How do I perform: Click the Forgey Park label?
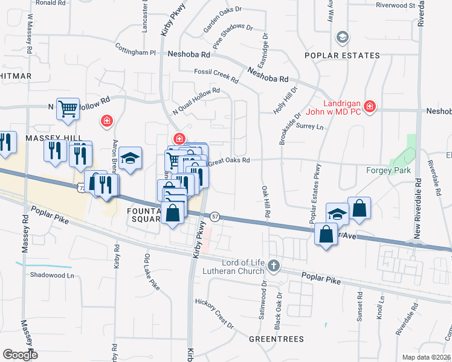click(x=389, y=170)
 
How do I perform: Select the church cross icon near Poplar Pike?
click(x=274, y=265)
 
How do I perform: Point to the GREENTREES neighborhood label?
click(x=276, y=339)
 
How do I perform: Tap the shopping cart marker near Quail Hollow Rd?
click(x=68, y=109)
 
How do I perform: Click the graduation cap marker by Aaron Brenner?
click(x=130, y=159)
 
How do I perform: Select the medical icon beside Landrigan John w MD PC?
click(x=370, y=107)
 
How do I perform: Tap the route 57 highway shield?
click(x=215, y=216)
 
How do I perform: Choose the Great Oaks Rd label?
click(x=229, y=161)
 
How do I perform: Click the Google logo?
click(x=20, y=355)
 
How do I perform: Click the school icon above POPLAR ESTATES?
click(x=343, y=37)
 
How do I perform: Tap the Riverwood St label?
click(x=395, y=5)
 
